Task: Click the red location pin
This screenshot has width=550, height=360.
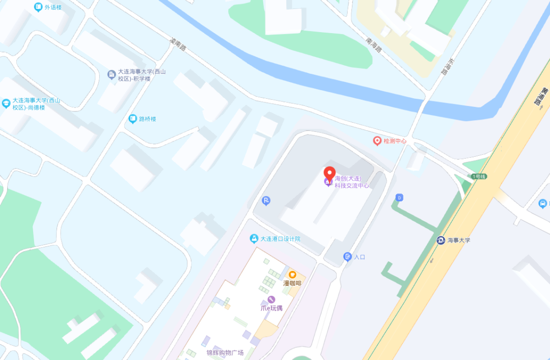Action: coord(330,173)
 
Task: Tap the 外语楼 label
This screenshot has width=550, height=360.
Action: coord(53,7)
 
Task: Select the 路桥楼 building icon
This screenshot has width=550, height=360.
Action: coord(133,119)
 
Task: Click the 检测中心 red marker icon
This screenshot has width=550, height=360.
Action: coord(377,141)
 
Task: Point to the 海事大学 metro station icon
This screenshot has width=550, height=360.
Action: coord(441,240)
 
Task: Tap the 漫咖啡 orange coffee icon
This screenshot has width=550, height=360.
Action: coord(292,274)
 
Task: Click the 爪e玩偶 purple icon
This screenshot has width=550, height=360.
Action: coord(271,299)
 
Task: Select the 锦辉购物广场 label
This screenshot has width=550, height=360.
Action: coord(225,352)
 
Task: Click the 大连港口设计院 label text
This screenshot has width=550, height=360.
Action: coord(281,239)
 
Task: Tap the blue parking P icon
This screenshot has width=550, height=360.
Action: coord(266,201)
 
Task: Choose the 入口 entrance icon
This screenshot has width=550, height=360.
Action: coord(348,257)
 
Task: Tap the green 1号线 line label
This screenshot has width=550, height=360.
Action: coord(479,176)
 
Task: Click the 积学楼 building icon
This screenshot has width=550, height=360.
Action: coord(112,75)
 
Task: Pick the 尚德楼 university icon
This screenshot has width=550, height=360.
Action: coord(6,104)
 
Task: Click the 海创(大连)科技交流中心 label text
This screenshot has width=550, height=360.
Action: coord(352,182)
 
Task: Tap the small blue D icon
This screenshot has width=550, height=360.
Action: coord(399,197)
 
